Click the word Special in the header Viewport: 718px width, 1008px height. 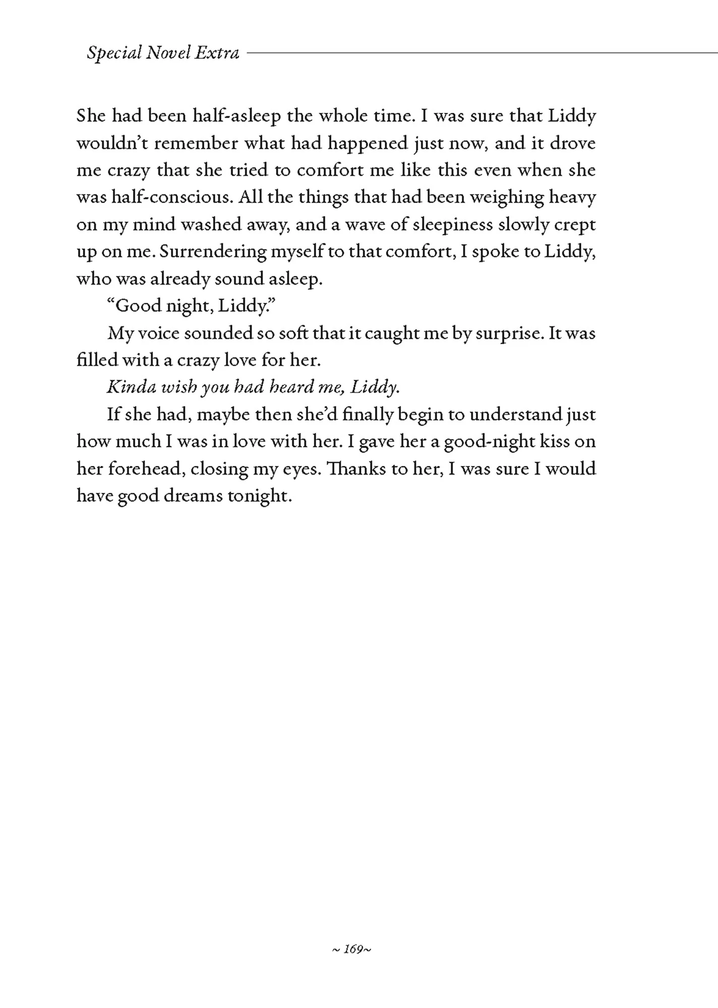pos(114,53)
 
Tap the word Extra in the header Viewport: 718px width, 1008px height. pos(217,52)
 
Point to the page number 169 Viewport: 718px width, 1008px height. pos(353,950)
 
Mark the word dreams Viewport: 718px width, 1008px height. pos(193,496)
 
